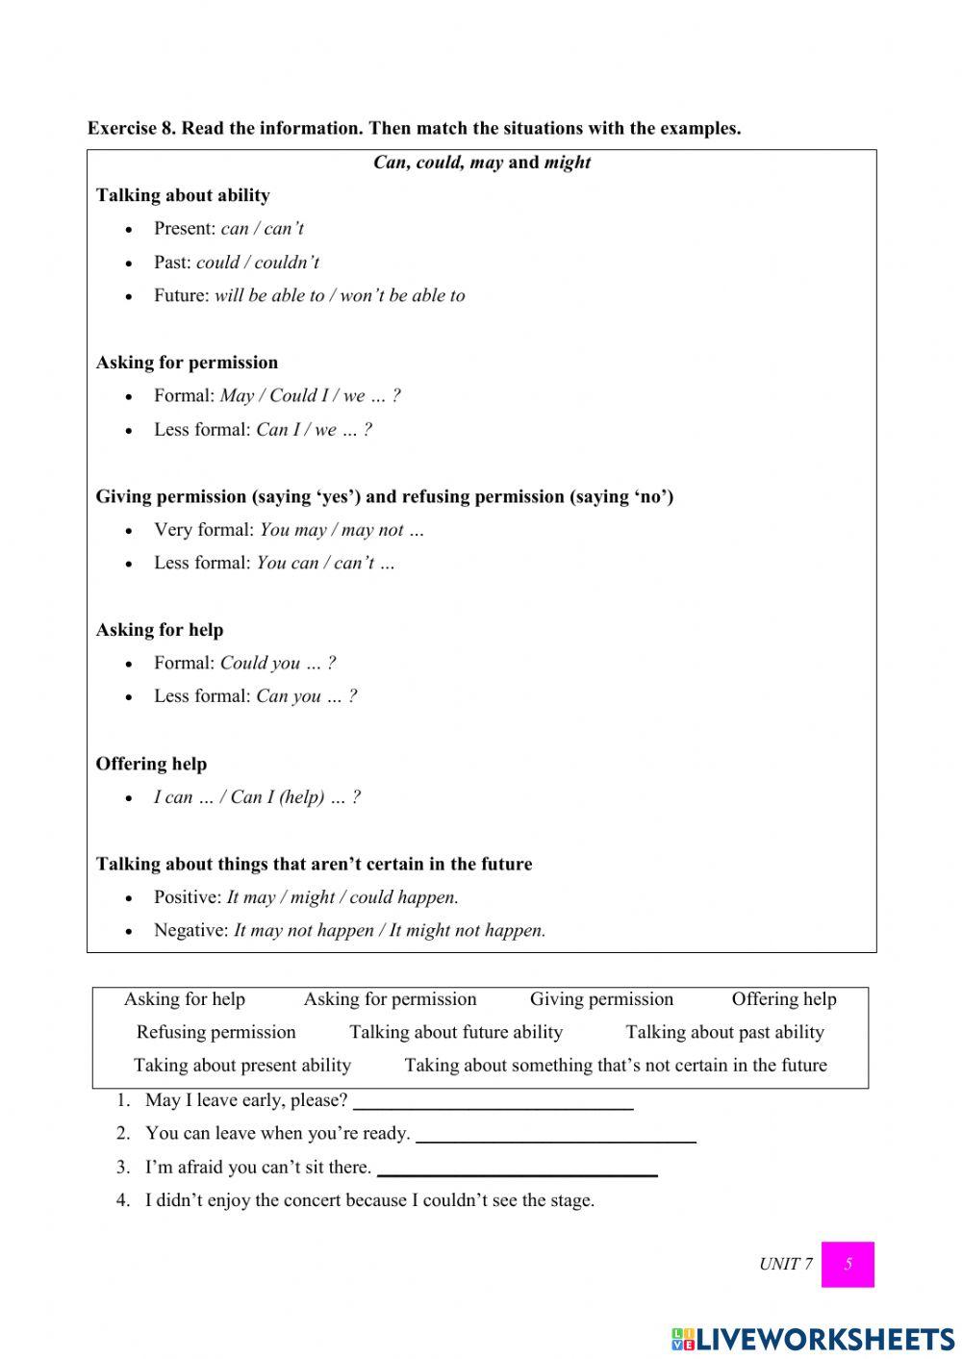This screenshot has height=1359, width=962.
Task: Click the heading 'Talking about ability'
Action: pyautogui.click(x=183, y=195)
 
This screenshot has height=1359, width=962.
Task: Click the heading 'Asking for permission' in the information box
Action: pyautogui.click(x=187, y=363)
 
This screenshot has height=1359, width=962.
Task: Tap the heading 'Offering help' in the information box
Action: pyautogui.click(x=151, y=764)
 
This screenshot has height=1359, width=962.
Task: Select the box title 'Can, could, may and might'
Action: pyautogui.click(x=482, y=163)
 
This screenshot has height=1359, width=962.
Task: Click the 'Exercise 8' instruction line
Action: pyautogui.click(x=414, y=128)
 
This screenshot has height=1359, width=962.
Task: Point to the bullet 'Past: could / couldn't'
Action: pyautogui.click(x=236, y=263)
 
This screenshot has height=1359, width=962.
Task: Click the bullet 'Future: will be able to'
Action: pyautogui.click(x=309, y=295)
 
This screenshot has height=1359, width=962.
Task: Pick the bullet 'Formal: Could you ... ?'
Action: pyautogui.click(x=244, y=663)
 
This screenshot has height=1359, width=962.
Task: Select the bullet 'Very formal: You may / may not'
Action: pyautogui.click(x=289, y=530)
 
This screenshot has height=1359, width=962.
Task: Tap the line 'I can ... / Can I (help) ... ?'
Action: pyautogui.click(x=257, y=797)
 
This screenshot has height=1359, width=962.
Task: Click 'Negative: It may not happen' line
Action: pyautogui.click(x=349, y=930)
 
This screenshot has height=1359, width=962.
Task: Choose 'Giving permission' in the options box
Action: pyautogui.click(x=601, y=999)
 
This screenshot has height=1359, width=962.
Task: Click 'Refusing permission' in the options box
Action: pyautogui.click(x=215, y=1032)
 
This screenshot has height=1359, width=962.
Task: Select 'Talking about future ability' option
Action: pyautogui.click(x=456, y=1032)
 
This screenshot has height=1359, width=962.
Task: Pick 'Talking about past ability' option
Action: pyautogui.click(x=724, y=1032)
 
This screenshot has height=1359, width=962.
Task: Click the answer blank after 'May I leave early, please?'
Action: pyautogui.click(x=493, y=1102)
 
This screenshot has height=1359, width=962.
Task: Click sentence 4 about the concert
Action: pyautogui.click(x=369, y=1200)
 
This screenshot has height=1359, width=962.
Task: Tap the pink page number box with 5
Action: pyautogui.click(x=848, y=1264)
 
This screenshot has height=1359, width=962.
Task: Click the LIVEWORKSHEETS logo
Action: pyautogui.click(x=812, y=1339)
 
